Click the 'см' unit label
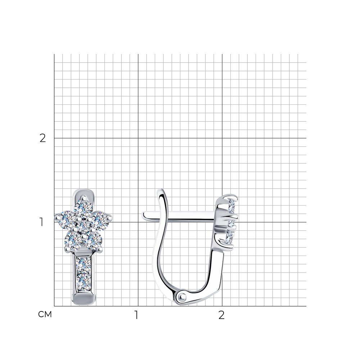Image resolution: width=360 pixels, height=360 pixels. pyautogui.click(x=45, y=314)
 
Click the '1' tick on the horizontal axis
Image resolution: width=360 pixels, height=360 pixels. pyautogui.click(x=136, y=315)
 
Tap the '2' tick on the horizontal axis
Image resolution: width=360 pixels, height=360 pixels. pyautogui.click(x=221, y=315)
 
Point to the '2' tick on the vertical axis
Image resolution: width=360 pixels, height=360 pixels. pyautogui.click(x=43, y=138)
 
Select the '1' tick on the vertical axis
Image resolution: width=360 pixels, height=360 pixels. pyautogui.click(x=41, y=222)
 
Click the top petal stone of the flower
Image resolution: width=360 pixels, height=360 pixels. pyautogui.click(x=84, y=208)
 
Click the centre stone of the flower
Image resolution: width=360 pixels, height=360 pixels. pyautogui.click(x=84, y=225)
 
